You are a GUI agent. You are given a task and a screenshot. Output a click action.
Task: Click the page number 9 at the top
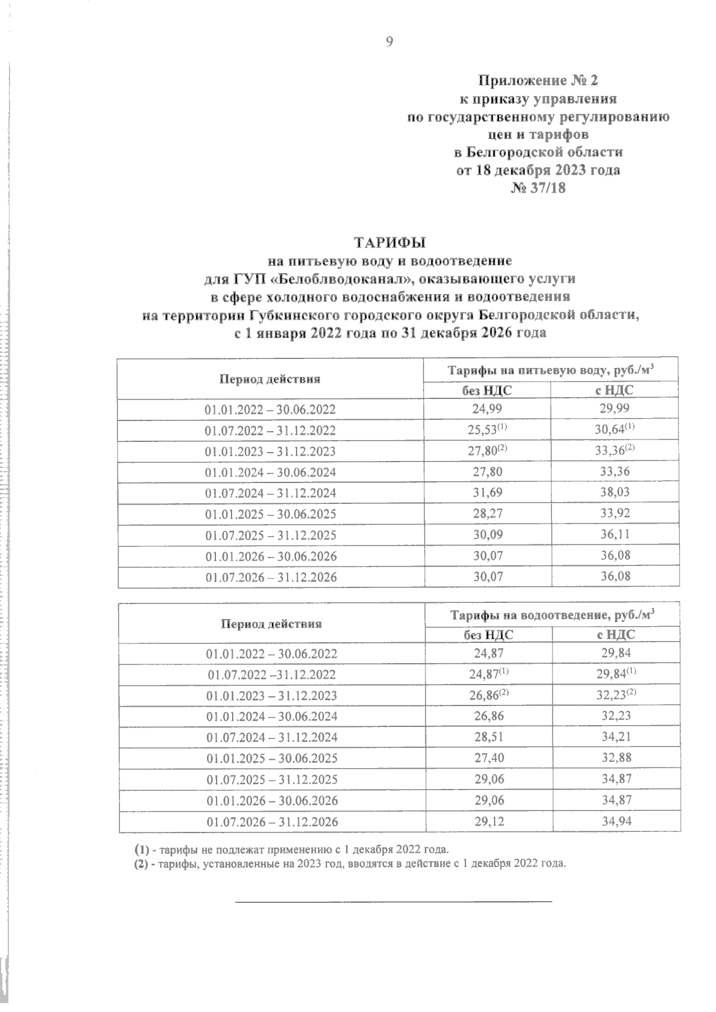click(390, 41)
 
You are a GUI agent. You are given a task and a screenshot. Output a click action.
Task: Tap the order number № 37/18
click(538, 188)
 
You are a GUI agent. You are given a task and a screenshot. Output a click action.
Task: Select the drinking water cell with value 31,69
click(487, 493)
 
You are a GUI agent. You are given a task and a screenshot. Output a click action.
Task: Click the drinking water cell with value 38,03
click(615, 493)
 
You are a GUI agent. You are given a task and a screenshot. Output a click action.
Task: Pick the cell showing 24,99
click(487, 409)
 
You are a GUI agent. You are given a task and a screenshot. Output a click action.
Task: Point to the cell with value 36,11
click(615, 535)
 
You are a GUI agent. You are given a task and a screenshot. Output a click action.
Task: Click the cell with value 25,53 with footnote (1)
click(487, 430)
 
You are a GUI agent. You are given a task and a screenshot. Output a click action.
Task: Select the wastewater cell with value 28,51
click(489, 737)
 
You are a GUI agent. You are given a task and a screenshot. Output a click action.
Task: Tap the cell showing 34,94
click(616, 821)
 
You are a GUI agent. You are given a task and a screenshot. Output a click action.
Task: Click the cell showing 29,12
click(489, 821)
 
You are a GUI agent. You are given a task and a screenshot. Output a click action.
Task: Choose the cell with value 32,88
click(616, 758)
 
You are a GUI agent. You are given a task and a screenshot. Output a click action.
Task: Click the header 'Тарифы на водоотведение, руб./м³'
click(553, 614)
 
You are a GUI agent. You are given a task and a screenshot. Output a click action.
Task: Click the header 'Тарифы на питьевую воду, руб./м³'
click(551, 370)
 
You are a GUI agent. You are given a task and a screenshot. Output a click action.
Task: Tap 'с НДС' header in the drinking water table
click(615, 391)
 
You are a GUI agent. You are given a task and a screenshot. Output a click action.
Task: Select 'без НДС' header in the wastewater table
click(489, 635)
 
